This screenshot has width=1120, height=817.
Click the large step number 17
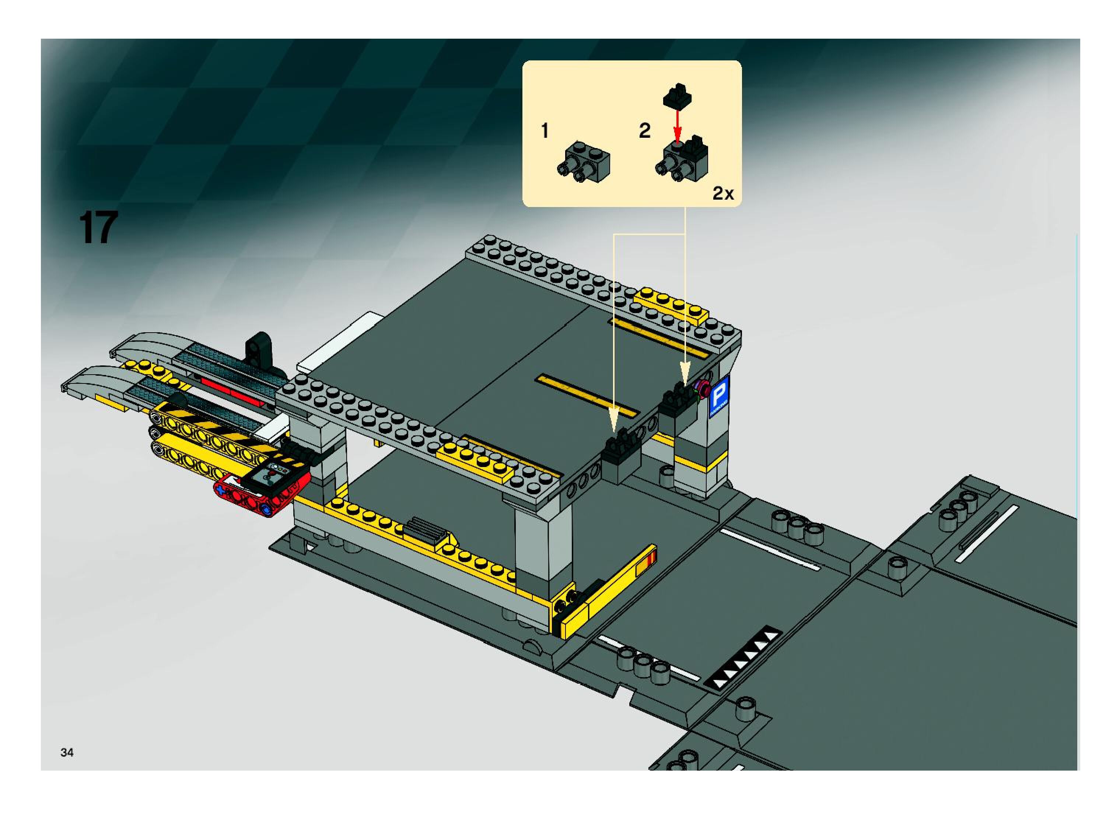pos(98,228)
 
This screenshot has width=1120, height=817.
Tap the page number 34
pos(67,752)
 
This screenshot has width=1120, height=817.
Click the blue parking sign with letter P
pos(718,396)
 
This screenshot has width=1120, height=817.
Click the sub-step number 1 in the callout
pos(545,131)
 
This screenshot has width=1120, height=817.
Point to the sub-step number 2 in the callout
pos(644,131)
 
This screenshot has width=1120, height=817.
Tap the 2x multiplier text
pos(723,194)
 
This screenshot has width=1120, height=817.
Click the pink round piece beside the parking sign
pos(701,389)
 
